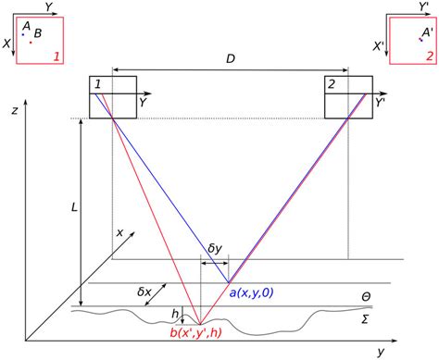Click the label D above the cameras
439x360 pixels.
[x=230, y=59]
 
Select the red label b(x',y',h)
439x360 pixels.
[x=207, y=333]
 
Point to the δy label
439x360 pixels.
[x=215, y=248]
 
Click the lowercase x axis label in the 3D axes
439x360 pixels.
[x=119, y=232]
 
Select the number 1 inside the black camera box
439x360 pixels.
[x=97, y=85]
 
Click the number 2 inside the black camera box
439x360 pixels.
[x=331, y=85]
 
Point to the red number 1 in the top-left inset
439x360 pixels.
[x=57, y=56]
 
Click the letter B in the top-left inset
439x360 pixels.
[x=37, y=33]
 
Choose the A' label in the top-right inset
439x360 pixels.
[x=427, y=31]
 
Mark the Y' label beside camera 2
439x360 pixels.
[x=381, y=104]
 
